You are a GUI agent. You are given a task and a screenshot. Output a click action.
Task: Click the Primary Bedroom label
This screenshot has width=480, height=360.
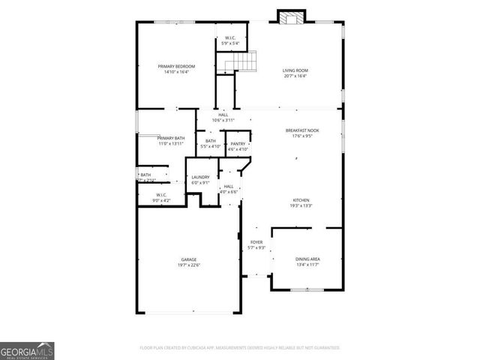[x=176, y=67]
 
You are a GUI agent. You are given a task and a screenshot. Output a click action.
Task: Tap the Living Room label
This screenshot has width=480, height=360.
[x=295, y=70]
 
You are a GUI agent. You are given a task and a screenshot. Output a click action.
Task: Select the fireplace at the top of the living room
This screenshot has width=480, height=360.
[x=292, y=17]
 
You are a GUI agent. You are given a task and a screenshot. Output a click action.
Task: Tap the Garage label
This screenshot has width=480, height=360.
[x=188, y=259]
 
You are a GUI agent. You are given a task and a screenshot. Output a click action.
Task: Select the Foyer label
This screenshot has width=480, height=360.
[x=256, y=242]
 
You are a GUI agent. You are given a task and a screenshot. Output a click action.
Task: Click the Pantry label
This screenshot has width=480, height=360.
[x=238, y=143]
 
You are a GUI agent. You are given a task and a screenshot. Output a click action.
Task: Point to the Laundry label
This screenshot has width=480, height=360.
[x=200, y=177]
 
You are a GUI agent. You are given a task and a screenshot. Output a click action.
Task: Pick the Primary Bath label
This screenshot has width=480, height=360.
[x=171, y=138]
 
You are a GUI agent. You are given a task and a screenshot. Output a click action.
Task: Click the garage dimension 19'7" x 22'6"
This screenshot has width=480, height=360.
[x=188, y=265]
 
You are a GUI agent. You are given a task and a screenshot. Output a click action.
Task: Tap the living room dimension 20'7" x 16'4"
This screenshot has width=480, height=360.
[x=295, y=76]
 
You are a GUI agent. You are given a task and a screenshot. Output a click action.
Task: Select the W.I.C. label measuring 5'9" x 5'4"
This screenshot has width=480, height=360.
[x=230, y=39]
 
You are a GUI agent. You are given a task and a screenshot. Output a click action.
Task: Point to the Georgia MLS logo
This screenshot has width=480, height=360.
[x=27, y=351]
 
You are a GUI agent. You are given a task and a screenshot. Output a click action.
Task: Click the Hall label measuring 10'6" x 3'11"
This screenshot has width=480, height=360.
[x=223, y=115]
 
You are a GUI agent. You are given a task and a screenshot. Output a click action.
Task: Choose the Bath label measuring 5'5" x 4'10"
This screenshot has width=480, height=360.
[x=211, y=141]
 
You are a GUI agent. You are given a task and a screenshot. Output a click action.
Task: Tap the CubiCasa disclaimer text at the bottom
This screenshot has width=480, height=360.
[x=240, y=348]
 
